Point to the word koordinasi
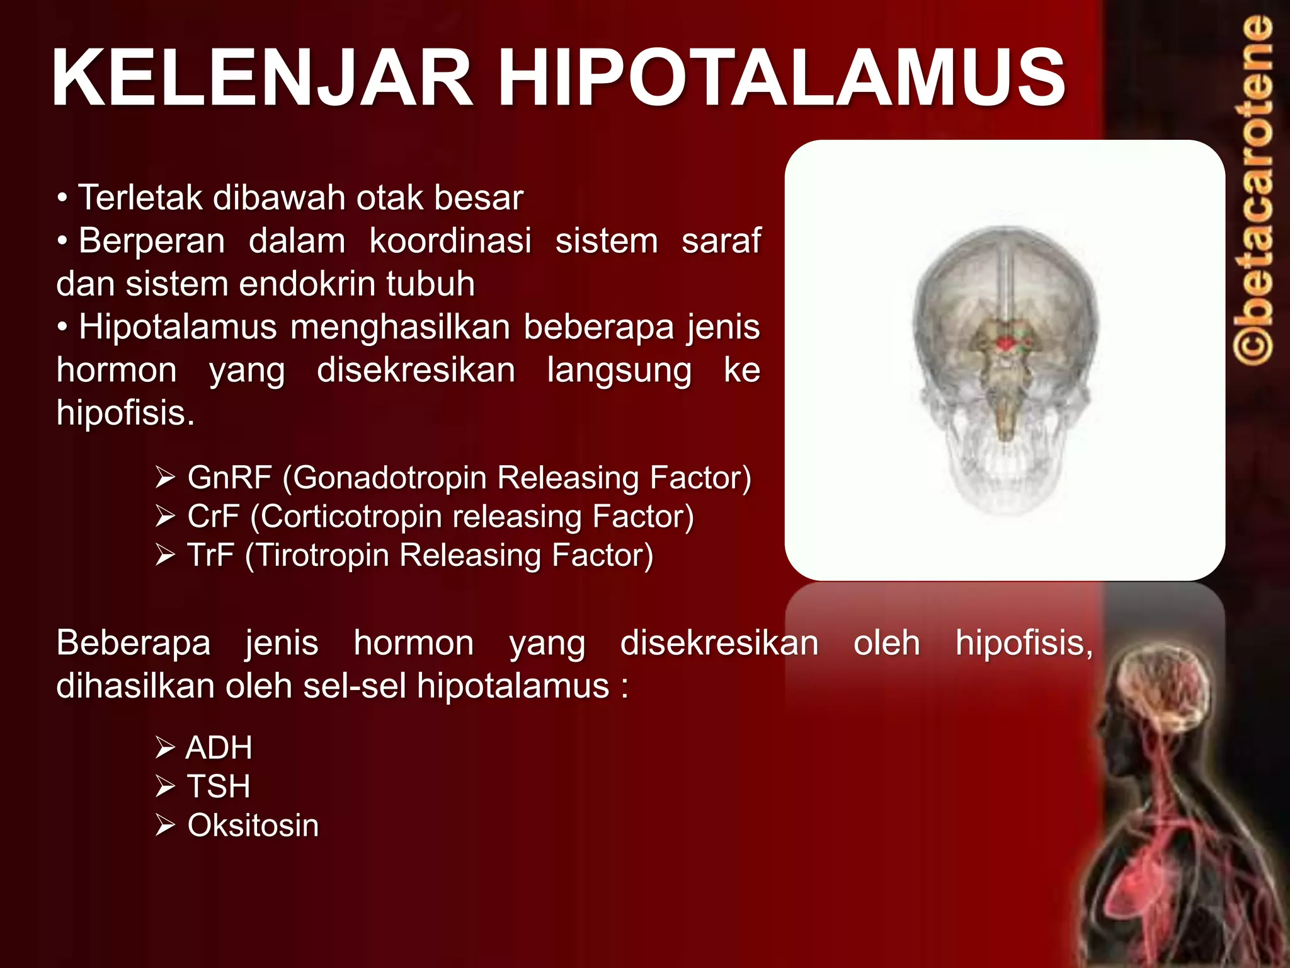[x=450, y=241]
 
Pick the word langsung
[x=619, y=370]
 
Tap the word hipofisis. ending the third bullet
[x=125, y=413]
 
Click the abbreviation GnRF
[x=229, y=478]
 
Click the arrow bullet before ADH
[x=165, y=748]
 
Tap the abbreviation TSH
[x=219, y=786]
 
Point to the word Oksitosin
[x=253, y=826]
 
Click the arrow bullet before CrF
[x=165, y=517]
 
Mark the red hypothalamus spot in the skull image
[x=1007, y=344]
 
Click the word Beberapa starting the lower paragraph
[x=133, y=643]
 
